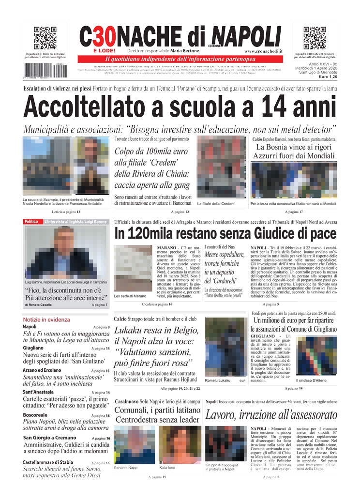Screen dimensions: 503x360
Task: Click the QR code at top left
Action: coord(45,38)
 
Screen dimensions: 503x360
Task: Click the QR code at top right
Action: coord(315,38)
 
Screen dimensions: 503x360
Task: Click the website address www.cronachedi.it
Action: coord(263,51)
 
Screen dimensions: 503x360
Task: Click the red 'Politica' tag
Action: coord(31,222)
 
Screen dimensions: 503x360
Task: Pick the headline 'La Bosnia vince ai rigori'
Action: coord(294,147)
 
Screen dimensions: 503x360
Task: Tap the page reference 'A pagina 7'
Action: coord(99,305)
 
